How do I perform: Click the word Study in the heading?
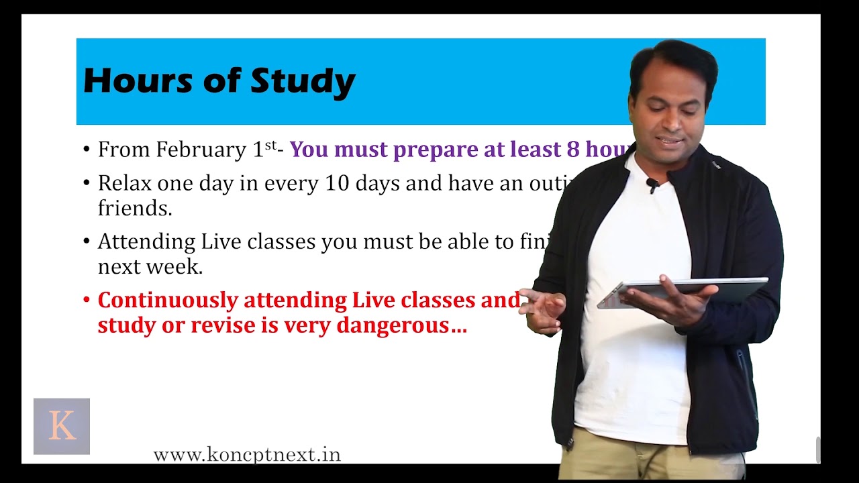(x=303, y=82)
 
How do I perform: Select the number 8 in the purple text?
(x=572, y=149)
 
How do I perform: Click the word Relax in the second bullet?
(x=125, y=183)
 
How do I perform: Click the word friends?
(x=135, y=209)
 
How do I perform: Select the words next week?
(x=150, y=267)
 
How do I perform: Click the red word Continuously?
(x=168, y=300)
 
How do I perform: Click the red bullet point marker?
(x=86, y=299)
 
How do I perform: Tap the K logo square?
(x=62, y=427)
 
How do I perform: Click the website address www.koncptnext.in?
(x=247, y=455)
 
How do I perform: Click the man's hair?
(x=674, y=60)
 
